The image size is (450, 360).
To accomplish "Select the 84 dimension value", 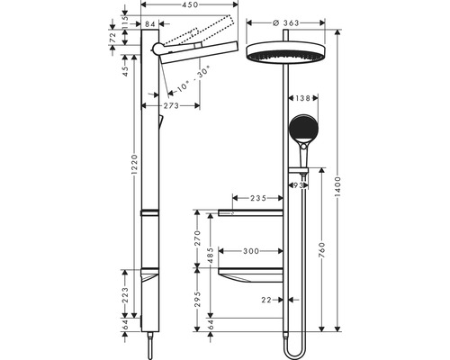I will (150, 24).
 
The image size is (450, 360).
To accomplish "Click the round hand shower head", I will (302, 130).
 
